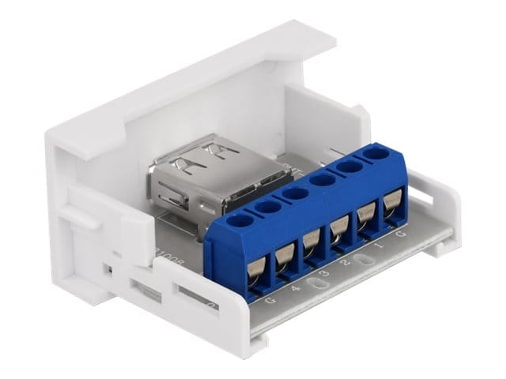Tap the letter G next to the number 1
coord(403,235)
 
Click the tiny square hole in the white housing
coord(111,269)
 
